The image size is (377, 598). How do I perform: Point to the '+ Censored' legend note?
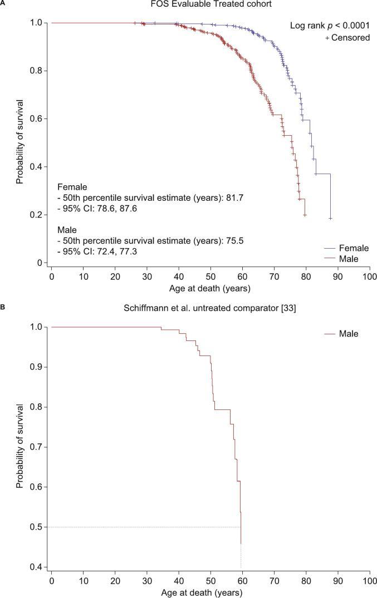344,38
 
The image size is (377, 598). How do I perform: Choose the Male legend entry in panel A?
349,259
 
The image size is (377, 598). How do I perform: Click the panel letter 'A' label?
3,3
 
